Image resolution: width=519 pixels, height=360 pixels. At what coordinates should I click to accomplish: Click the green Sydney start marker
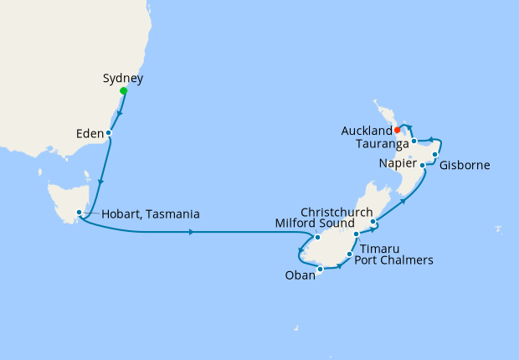(123, 90)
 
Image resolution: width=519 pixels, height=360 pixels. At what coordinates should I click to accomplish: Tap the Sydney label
(123, 79)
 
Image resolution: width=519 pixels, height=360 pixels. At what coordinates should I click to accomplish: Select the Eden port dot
(109, 132)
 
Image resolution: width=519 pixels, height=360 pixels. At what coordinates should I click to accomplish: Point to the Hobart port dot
(79, 213)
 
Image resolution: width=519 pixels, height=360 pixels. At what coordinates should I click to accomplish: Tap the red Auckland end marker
(397, 130)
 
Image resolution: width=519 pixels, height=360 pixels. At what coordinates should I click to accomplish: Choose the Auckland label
(367, 131)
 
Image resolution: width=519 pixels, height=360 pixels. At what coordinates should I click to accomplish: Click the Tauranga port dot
(414, 142)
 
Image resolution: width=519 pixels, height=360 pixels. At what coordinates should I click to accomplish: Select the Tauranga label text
(381, 144)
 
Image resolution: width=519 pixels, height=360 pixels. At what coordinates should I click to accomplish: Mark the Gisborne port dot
(436, 155)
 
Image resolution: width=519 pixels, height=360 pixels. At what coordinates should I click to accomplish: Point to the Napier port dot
(422, 166)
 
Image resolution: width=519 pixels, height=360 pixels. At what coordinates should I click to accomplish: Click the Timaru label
(379, 248)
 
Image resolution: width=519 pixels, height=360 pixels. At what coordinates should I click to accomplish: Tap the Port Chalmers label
(393, 260)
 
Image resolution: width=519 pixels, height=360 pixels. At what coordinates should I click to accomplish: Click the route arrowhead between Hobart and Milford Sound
(194, 232)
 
